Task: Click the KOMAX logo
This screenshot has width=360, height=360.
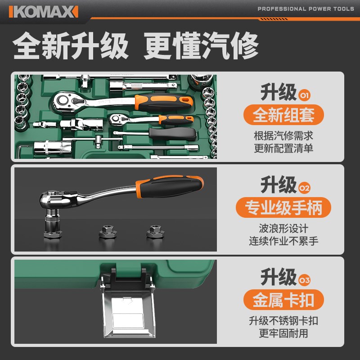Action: click(x=43, y=11)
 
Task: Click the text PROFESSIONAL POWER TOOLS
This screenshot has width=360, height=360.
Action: click(x=306, y=9)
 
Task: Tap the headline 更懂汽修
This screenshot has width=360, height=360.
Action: click(x=201, y=46)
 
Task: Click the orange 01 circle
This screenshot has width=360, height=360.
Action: click(x=305, y=95)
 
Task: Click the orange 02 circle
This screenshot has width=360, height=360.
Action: click(x=305, y=188)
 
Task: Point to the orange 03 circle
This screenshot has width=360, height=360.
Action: click(x=305, y=280)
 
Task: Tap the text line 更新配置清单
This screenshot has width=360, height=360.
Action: click(x=283, y=148)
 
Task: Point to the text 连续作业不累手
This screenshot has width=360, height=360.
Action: click(x=283, y=241)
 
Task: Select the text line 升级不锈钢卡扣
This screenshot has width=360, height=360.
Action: click(x=283, y=321)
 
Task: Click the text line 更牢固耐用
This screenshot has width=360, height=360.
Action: click(x=283, y=334)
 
